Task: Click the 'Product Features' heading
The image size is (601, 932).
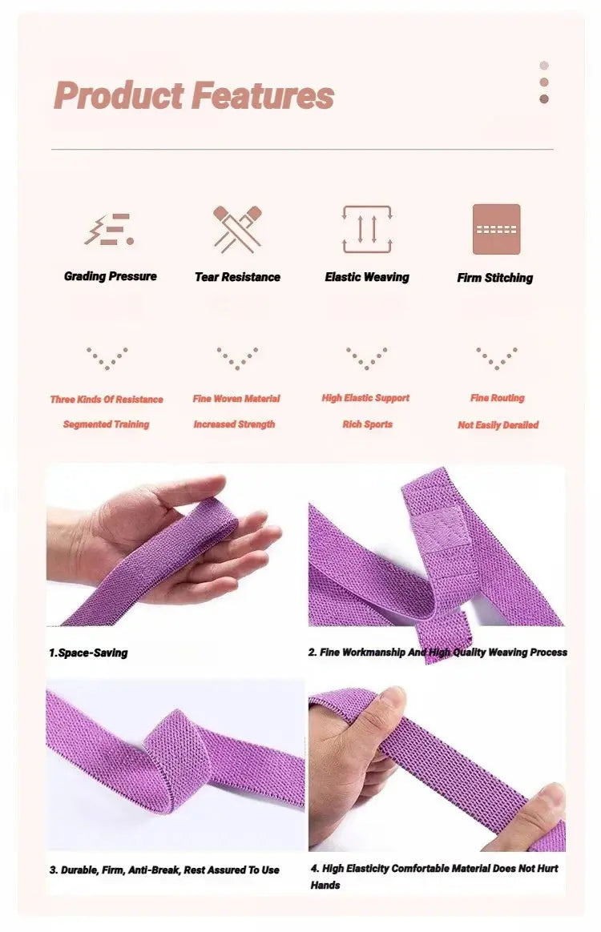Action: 193,96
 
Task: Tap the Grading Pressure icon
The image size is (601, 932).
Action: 109,230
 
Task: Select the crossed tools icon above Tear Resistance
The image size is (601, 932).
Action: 237,229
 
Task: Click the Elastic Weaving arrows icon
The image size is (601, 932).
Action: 367,229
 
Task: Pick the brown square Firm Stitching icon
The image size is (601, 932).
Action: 496,229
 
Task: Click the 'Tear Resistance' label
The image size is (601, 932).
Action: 237,277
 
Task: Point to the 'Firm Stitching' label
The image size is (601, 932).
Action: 494,278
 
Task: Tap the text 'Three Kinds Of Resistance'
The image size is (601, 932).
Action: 107,400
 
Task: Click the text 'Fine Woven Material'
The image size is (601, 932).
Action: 236,399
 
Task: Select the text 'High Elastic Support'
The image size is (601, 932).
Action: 365,398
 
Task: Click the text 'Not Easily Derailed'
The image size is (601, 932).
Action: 498,425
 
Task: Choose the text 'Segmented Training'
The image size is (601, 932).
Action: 107,424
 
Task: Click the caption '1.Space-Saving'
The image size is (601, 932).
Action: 88,653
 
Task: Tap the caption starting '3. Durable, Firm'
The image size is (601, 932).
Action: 163,870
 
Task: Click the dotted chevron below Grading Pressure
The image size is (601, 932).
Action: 107,358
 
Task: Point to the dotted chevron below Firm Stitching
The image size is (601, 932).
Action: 496,358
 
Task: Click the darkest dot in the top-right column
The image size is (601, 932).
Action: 544,99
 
